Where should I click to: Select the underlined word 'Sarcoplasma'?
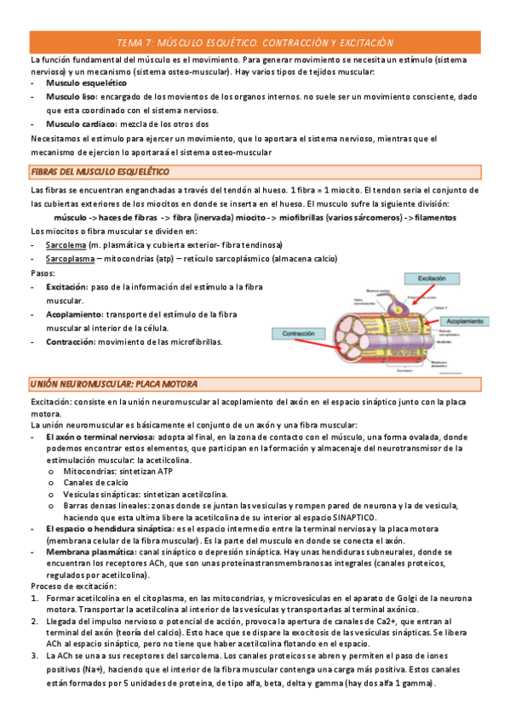pyautogui.click(x=71, y=258)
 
